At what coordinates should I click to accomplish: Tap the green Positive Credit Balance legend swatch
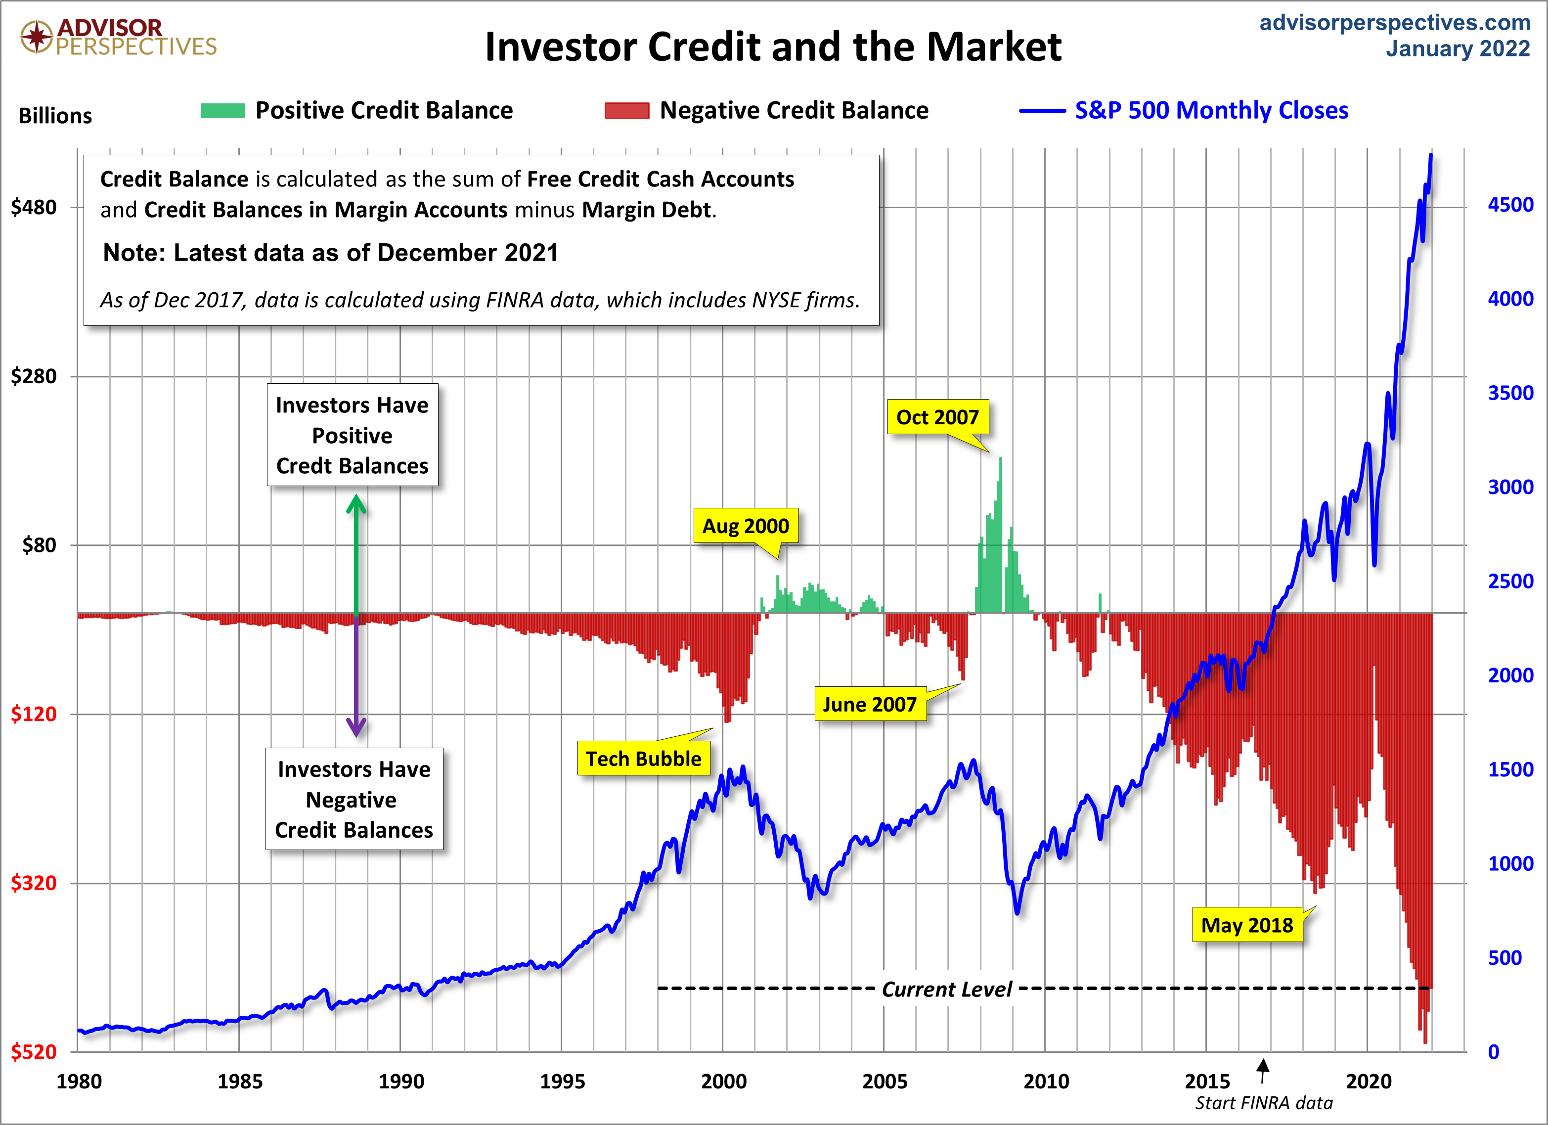tap(222, 111)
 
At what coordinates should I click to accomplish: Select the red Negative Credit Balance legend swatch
tap(626, 111)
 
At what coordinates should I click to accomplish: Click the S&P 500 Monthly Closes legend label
tap(1211, 111)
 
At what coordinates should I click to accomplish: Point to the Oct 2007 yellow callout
tap(937, 417)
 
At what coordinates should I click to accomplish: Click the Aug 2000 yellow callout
tap(746, 526)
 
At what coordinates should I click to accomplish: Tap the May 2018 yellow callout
tap(1246, 925)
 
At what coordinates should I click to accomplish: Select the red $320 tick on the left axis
tap(34, 883)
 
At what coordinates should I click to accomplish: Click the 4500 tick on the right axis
tap(1510, 205)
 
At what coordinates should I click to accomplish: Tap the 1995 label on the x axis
tap(562, 1081)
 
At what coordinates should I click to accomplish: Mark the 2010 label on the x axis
tap(1046, 1081)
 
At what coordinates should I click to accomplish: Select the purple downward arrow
tap(355, 676)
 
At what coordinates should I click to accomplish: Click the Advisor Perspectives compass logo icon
tap(36, 36)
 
